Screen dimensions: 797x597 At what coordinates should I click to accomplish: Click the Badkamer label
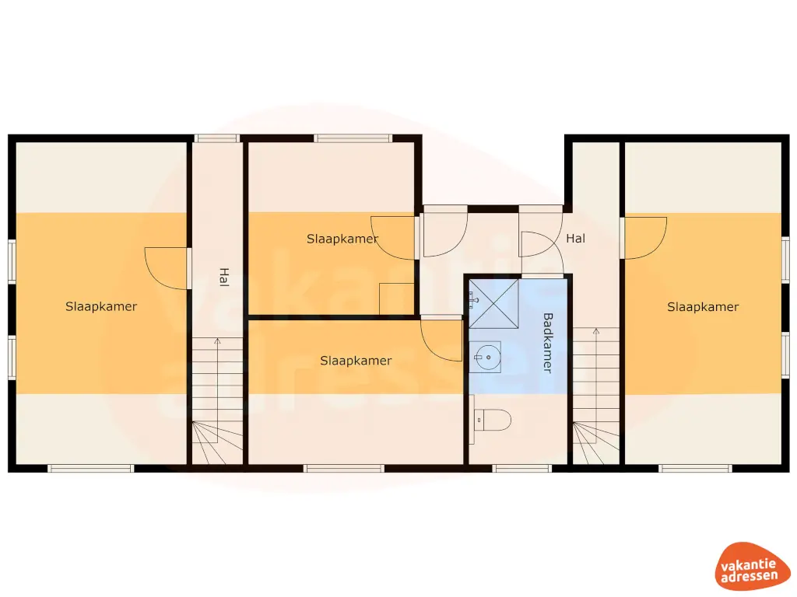coord(547,343)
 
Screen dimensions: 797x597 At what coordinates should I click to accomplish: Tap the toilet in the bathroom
coord(493,420)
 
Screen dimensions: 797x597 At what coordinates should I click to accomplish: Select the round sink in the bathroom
coord(488,358)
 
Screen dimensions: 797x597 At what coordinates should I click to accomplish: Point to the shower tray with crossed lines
coord(493,304)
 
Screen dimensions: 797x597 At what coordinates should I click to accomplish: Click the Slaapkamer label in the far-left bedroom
coord(101,306)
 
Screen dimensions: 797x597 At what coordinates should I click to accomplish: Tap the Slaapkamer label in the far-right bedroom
coord(703,306)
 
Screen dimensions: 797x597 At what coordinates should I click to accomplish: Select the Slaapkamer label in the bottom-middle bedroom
coord(356,361)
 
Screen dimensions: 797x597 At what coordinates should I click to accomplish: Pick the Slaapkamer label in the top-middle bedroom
coord(342,239)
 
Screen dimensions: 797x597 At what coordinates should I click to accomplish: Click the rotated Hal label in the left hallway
coord(223,278)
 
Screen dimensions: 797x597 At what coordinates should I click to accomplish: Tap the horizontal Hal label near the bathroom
coord(575,238)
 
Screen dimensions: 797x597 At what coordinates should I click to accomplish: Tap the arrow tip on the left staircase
coord(218,339)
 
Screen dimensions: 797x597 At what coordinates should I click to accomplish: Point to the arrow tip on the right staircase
coord(596,330)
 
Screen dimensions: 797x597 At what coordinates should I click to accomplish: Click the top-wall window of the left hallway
coord(217,138)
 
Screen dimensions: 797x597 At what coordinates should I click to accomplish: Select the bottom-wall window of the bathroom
coord(522,469)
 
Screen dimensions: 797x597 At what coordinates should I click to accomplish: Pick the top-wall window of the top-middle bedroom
coord(353,138)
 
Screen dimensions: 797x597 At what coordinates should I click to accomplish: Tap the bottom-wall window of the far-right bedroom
coord(696,469)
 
